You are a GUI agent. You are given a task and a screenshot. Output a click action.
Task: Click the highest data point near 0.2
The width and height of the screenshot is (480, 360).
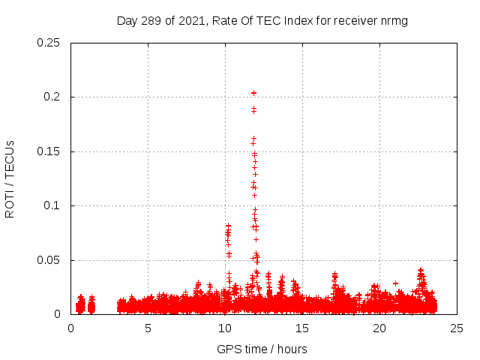click(x=253, y=93)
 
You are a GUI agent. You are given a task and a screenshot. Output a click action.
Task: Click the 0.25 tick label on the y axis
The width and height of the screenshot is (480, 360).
click(x=49, y=43)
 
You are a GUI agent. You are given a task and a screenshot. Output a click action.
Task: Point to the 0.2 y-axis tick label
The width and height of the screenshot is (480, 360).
click(x=53, y=97)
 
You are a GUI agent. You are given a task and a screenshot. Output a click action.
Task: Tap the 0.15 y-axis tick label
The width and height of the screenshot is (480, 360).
click(x=49, y=151)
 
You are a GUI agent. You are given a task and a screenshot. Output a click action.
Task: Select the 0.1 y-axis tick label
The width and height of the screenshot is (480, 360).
click(x=53, y=206)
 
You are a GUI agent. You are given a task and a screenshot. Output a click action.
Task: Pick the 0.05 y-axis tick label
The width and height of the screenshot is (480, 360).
click(x=49, y=260)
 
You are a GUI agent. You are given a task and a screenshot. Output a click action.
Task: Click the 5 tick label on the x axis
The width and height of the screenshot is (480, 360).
click(x=148, y=328)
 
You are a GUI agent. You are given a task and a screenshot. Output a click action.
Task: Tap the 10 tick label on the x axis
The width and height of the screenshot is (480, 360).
click(x=225, y=328)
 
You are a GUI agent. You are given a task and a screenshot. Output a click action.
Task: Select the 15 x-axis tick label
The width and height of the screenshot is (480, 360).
click(x=302, y=328)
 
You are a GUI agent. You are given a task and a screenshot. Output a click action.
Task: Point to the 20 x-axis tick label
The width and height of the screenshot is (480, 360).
click(x=379, y=328)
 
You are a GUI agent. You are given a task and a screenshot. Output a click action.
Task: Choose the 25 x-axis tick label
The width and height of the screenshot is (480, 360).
click(x=457, y=328)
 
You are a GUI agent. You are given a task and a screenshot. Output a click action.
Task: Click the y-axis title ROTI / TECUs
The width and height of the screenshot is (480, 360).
click(x=10, y=178)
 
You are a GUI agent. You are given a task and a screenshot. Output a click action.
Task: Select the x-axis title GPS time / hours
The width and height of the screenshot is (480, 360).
click(x=262, y=349)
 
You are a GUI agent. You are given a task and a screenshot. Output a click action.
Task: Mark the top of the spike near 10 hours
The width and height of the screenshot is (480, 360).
click(x=228, y=225)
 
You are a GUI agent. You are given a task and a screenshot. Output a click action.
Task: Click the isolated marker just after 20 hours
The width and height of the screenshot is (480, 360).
click(x=395, y=283)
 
